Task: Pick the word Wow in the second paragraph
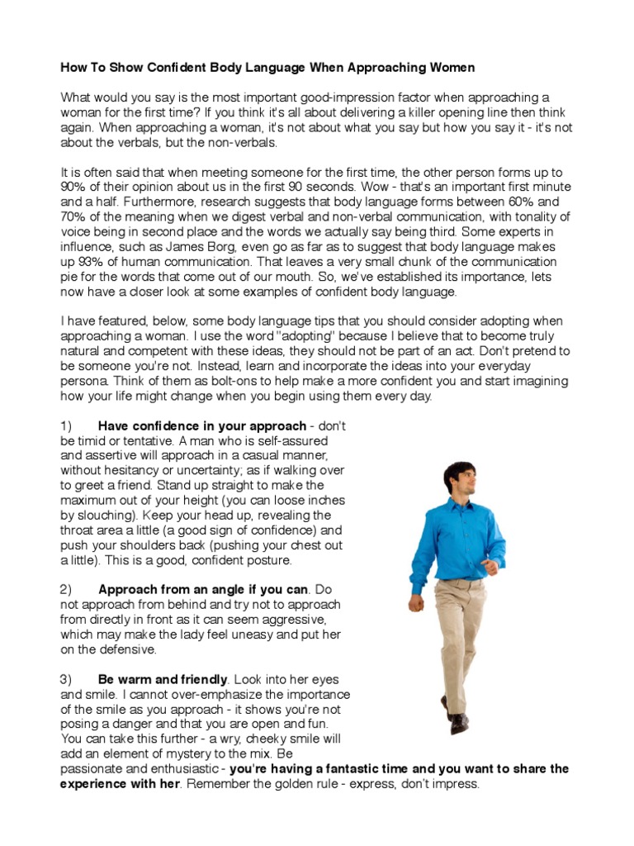[x=371, y=188]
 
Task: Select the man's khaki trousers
[x=459, y=628]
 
